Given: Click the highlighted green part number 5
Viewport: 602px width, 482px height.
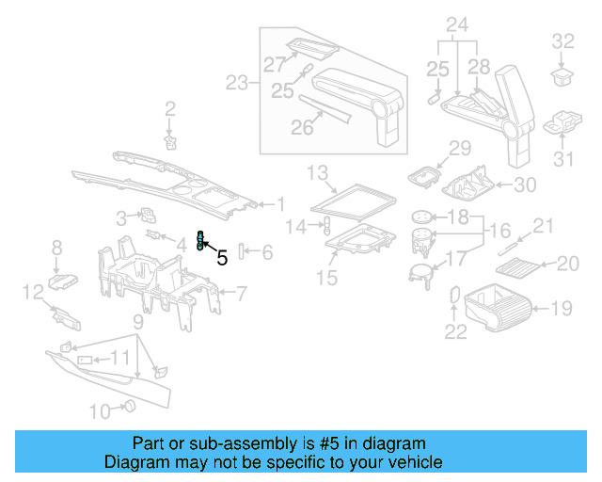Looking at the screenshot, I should (x=200, y=241).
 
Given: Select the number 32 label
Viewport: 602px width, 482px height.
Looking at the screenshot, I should (x=562, y=40).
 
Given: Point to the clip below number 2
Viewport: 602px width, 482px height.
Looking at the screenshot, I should (x=170, y=141).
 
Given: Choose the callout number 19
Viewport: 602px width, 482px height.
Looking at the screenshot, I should (x=562, y=306).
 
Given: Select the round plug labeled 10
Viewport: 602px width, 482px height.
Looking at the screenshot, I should (x=130, y=407).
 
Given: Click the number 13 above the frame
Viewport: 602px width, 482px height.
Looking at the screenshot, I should (x=317, y=171).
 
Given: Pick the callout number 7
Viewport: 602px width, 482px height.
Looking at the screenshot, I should (x=241, y=294).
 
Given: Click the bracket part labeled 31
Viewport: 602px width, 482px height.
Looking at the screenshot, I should (x=561, y=123).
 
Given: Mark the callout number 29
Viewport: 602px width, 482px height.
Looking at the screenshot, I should (x=459, y=148).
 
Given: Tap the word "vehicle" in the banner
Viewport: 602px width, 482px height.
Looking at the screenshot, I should (x=414, y=462).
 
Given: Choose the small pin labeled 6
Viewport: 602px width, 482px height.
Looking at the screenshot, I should (x=243, y=251).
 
